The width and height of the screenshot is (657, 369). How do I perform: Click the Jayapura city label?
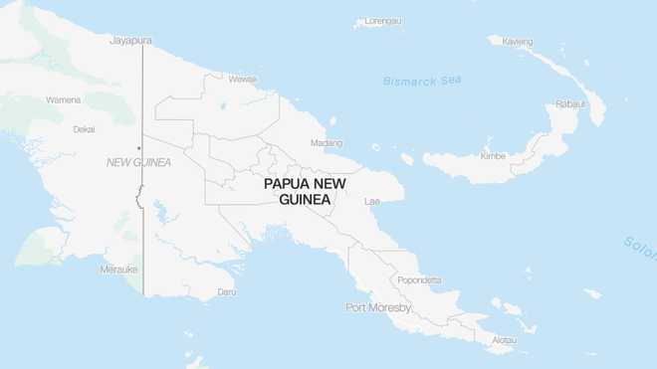tap(130, 41)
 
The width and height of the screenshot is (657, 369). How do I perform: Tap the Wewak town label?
tap(243, 79)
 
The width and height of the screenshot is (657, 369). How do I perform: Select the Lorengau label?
tap(383, 21)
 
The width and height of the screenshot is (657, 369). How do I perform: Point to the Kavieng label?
tap(518, 42)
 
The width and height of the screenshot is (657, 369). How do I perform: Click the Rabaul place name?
tap(570, 103)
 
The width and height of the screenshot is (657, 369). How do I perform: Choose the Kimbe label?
tap(493, 156)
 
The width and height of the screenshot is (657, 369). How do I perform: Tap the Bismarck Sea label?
tap(424, 81)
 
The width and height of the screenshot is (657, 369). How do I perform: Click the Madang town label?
tap(326, 143)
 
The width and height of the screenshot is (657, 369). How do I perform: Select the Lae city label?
tap(372, 201)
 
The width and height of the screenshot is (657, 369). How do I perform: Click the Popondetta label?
tap(419, 280)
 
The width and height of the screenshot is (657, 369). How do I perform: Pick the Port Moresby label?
tap(378, 307)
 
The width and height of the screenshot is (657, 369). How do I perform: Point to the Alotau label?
tap(505, 340)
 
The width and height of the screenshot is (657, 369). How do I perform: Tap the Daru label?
tap(227, 292)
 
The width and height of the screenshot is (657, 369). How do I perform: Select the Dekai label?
tap(84, 129)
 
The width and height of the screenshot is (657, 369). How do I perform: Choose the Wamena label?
tap(63, 99)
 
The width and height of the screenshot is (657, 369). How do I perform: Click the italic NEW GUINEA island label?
tap(138, 162)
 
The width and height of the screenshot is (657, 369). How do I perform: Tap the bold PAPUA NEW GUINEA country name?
tap(305, 192)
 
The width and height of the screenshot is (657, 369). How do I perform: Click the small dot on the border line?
tap(138, 148)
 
